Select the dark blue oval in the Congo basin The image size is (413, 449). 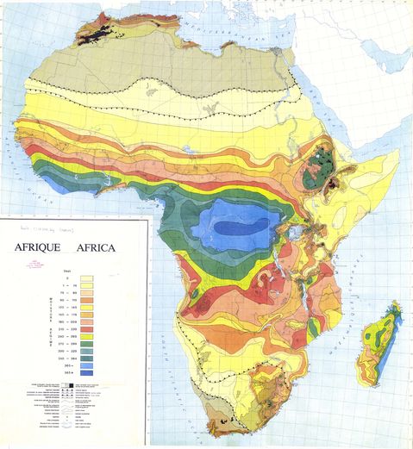pos(236,228)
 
